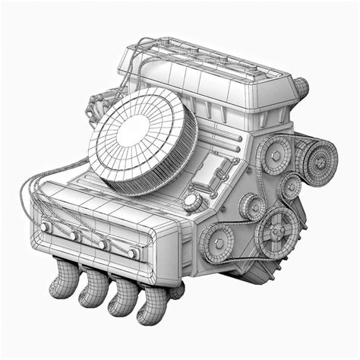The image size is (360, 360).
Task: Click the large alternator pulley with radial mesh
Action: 317,159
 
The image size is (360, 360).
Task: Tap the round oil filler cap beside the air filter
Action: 192,201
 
